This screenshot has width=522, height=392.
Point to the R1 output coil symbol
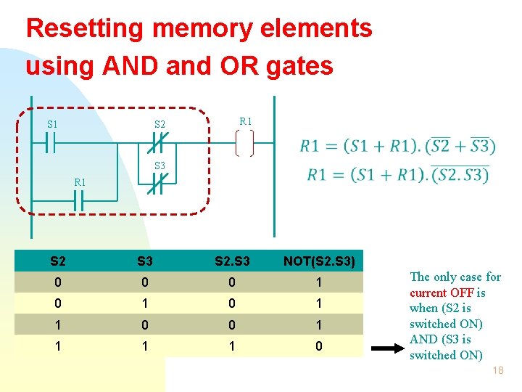tap(245, 144)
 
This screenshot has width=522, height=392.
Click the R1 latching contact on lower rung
tap(79, 202)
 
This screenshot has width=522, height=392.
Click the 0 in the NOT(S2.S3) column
tap(319, 347)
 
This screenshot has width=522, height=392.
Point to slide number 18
tap(497, 371)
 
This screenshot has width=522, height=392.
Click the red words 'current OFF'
tap(442, 293)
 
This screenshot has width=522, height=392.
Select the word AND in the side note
tap(425, 339)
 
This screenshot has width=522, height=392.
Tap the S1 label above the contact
tap(52, 125)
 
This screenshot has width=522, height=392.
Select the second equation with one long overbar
tap(398, 175)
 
